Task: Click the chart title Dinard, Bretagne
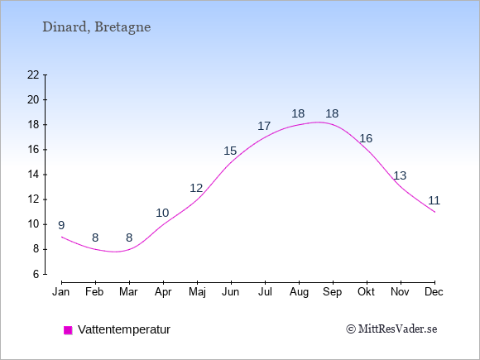pyautogui.click(x=97, y=27)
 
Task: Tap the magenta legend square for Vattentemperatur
pyautogui.click(x=68, y=330)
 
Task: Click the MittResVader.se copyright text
pyautogui.click(x=391, y=329)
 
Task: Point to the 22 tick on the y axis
pyautogui.click(x=33, y=74)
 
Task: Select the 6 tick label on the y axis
pyautogui.click(x=36, y=274)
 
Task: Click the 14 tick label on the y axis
pyautogui.click(x=33, y=175)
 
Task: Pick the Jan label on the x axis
pyautogui.click(x=61, y=292)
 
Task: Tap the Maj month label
pyautogui.click(x=197, y=292)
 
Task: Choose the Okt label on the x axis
pyautogui.click(x=366, y=292)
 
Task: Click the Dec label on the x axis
pyautogui.click(x=434, y=292)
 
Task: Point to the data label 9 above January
pyautogui.click(x=61, y=225)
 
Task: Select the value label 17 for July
pyautogui.click(x=264, y=126)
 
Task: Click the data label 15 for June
pyautogui.click(x=230, y=151)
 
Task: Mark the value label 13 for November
pyautogui.click(x=400, y=175)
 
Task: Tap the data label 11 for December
pyautogui.click(x=434, y=200)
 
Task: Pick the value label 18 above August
pyautogui.click(x=298, y=113)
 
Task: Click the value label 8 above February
pyautogui.click(x=95, y=238)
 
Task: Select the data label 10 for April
pyautogui.click(x=162, y=213)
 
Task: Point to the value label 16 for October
pyautogui.click(x=366, y=138)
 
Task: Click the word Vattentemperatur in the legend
pyautogui.click(x=124, y=329)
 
